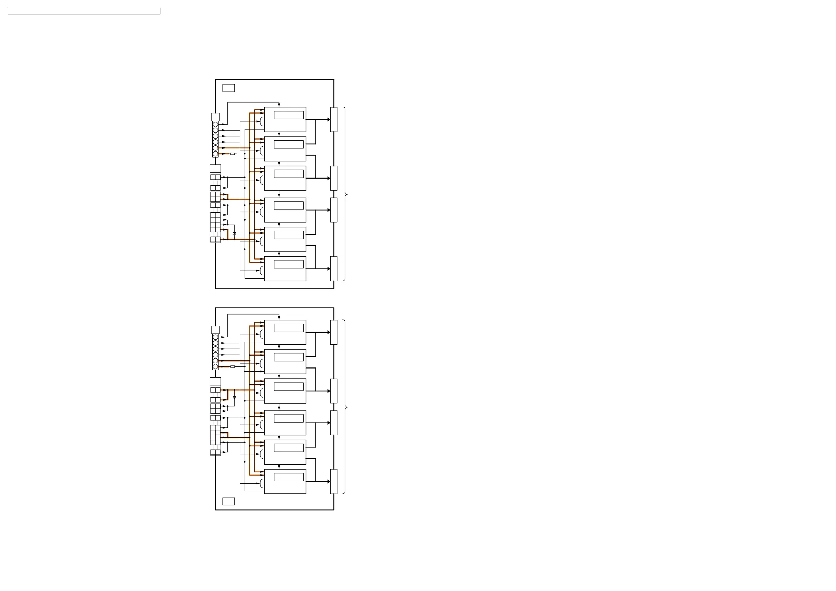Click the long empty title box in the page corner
(x=84, y=11)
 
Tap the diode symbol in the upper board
(x=234, y=234)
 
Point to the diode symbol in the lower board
(x=234, y=398)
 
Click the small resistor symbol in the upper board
(x=232, y=154)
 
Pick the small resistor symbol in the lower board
(x=232, y=366)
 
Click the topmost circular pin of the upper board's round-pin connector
(x=215, y=125)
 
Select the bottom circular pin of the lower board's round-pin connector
(x=215, y=366)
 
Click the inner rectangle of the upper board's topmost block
(x=288, y=115)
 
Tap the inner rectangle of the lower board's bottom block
(x=288, y=477)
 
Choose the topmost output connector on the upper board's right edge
(x=333, y=119)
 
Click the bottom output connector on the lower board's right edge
(x=333, y=482)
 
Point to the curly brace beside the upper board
(x=345, y=194)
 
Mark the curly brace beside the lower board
(x=345, y=407)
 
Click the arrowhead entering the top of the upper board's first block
(x=279, y=105)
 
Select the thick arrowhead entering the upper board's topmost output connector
(x=329, y=119)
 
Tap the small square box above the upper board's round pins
(x=215, y=117)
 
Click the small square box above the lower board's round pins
(x=215, y=330)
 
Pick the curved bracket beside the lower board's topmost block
(x=261, y=334)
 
